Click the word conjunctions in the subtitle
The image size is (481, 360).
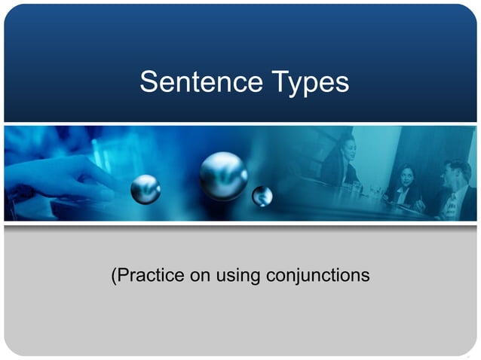318,276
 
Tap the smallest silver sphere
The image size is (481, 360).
262,196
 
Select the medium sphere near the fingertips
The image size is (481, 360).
146,189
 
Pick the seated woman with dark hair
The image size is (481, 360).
404,187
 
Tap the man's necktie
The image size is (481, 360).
451,202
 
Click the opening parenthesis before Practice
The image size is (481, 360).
115,276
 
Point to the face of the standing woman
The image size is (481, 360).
347,144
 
